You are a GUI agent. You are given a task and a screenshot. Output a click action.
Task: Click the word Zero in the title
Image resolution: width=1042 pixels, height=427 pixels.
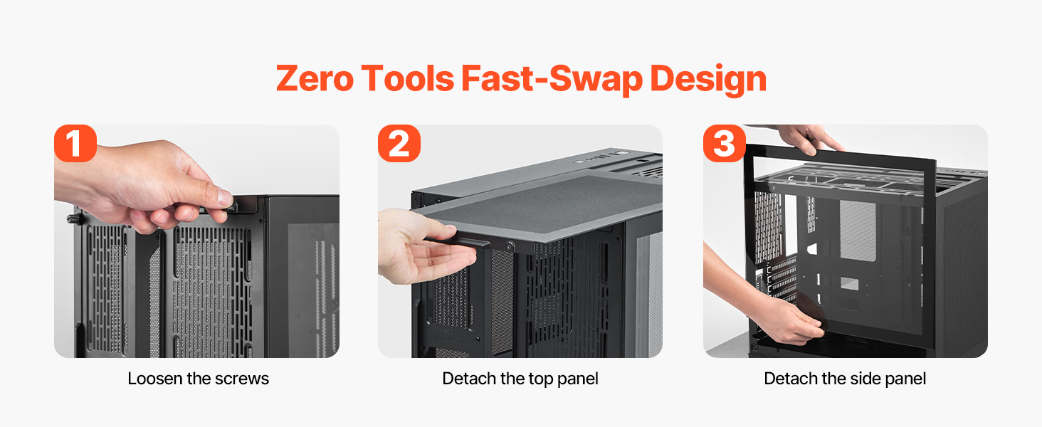[315, 78]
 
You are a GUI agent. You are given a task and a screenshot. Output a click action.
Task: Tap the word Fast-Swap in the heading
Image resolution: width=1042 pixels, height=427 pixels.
[552, 78]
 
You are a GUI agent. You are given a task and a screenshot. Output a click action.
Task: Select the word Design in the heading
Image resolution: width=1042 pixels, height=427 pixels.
[708, 80]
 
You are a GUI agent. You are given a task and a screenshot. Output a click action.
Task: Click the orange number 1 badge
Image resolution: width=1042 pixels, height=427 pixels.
[75, 143]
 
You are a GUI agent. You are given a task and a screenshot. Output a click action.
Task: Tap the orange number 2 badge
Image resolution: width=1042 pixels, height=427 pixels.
[399, 143]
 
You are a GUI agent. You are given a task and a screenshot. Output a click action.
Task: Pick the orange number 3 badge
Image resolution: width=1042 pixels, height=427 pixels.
[725, 143]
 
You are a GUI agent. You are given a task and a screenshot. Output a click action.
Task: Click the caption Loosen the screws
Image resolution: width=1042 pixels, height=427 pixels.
[198, 379]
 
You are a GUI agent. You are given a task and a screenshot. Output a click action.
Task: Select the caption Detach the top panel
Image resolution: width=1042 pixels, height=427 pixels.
[520, 379]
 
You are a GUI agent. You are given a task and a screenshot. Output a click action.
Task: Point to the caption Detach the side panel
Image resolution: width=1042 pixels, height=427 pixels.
[845, 379]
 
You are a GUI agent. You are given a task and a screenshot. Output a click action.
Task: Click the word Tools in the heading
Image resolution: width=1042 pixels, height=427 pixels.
[408, 78]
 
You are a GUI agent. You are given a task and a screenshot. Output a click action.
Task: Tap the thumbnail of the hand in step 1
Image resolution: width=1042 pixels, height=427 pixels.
[225, 198]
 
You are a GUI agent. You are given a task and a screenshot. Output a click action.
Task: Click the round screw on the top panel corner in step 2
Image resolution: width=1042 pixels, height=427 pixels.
[510, 246]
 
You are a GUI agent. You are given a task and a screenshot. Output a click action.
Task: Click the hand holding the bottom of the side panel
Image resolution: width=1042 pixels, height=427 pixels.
[791, 319]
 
